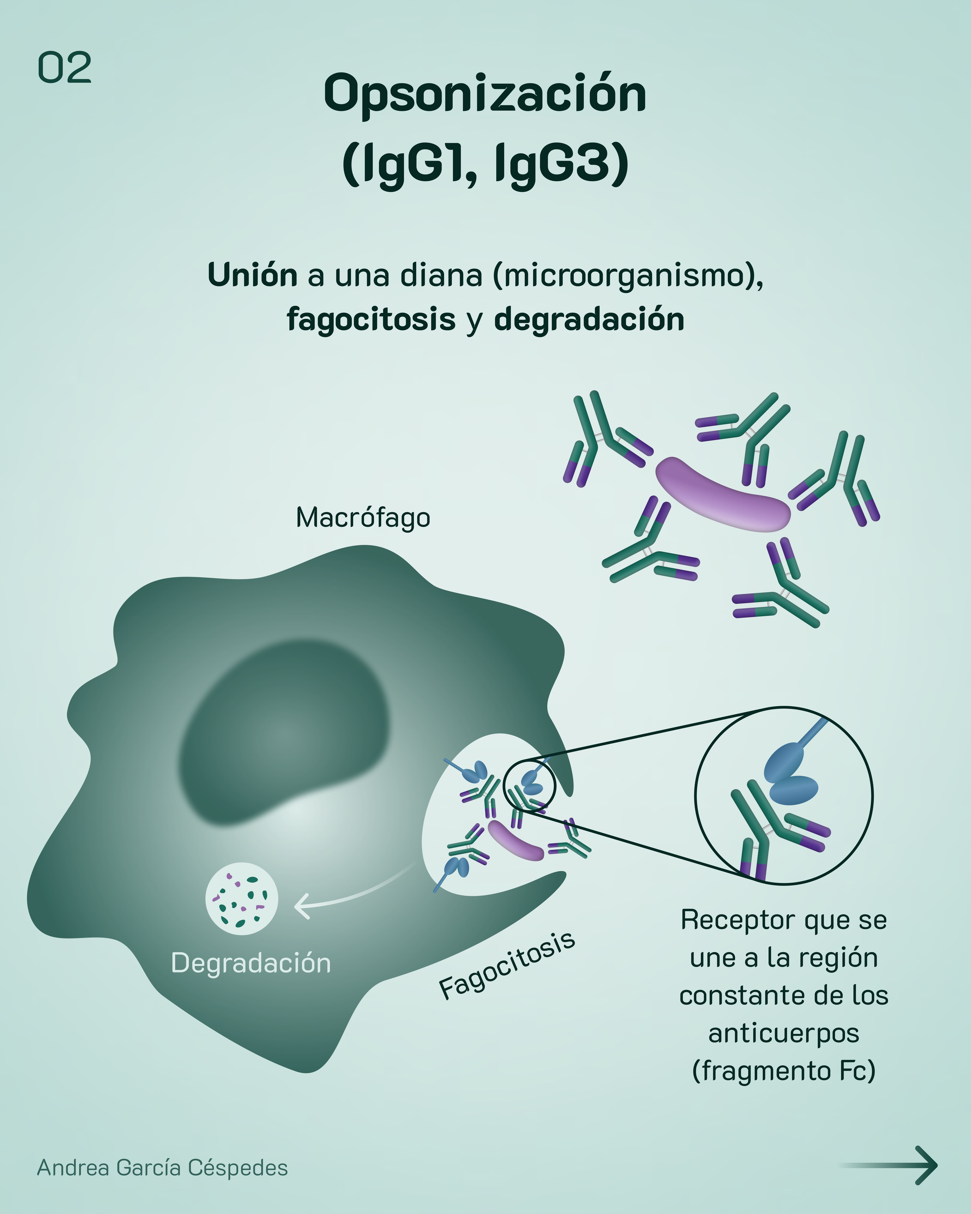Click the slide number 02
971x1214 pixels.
[x=64, y=68]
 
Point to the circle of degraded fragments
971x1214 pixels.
[x=242, y=899]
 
